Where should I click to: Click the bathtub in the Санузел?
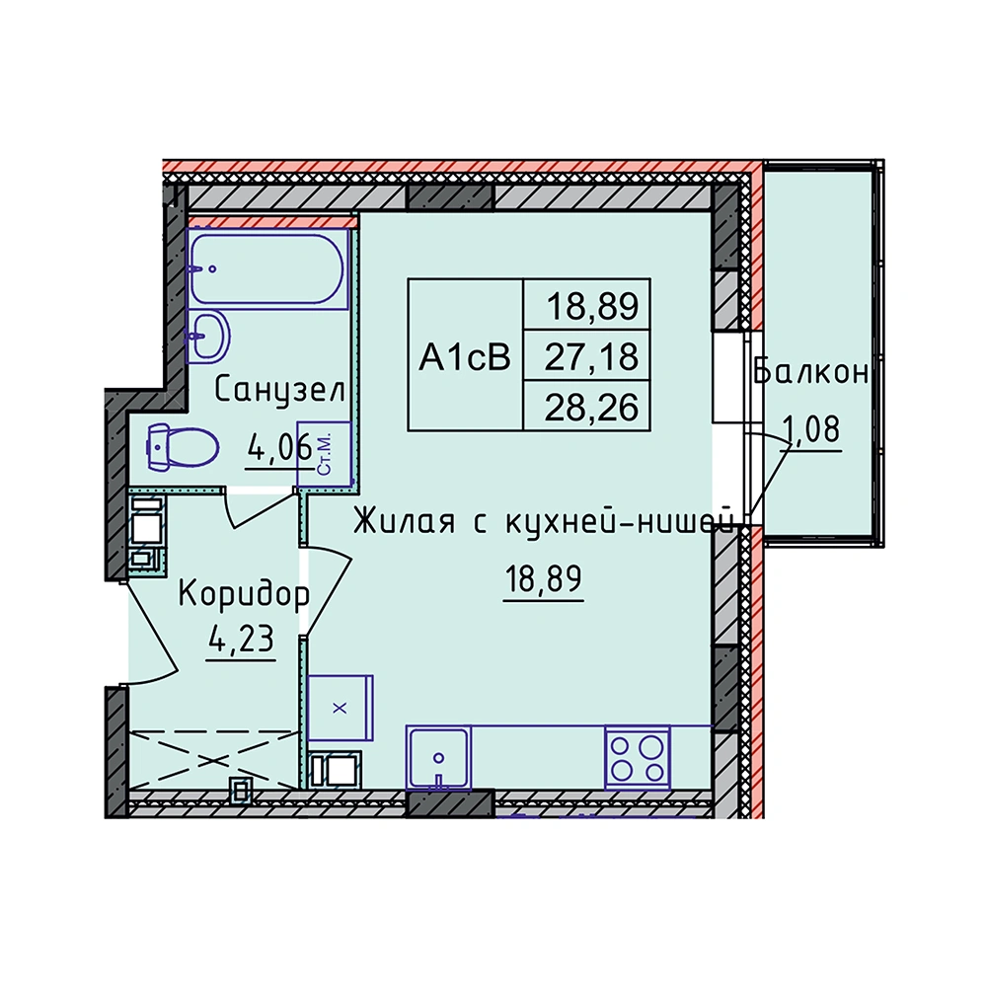pos(268,268)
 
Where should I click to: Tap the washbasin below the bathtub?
pos(207,337)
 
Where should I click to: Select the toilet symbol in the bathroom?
pos(183,447)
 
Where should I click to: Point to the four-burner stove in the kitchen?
pos(637,757)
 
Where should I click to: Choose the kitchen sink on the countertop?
pos(438,757)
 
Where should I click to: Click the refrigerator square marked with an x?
pos(340,708)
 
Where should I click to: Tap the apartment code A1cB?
pos(465,357)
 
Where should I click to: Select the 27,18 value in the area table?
pos(591,356)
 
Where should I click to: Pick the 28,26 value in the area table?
pos(591,408)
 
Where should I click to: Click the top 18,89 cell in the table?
pos(592,307)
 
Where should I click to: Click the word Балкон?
pos(810,373)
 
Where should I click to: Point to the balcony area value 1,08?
pos(810,430)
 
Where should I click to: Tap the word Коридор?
pos(244,595)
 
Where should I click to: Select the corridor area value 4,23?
pos(242,641)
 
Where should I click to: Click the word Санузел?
pos(280,391)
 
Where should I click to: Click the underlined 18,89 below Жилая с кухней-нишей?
pos(543,578)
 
